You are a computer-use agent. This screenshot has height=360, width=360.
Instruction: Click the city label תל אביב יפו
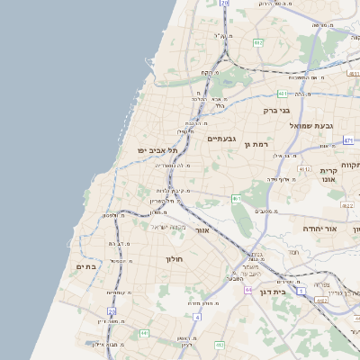154,149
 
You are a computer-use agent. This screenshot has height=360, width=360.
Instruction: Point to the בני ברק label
276,111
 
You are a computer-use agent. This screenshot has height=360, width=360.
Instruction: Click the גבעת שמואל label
311,125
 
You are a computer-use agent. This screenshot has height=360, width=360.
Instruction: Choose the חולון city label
174,259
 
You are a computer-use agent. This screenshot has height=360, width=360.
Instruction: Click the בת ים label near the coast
86,266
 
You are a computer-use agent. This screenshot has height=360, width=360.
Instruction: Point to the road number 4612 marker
305,168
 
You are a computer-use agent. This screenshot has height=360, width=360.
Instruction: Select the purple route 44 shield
247,290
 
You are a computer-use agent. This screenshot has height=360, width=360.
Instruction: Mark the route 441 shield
143,334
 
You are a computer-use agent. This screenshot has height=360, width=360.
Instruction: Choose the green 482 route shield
258,42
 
